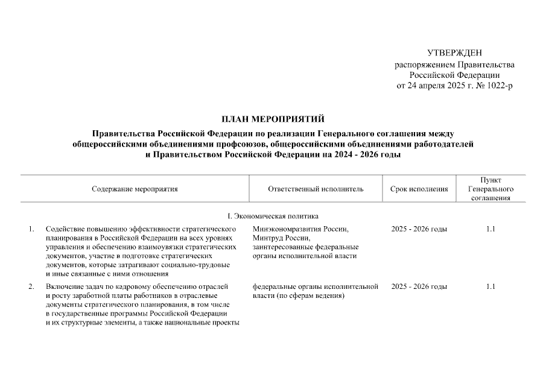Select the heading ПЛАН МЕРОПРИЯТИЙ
tap(273, 118)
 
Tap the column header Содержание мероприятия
tap(135, 189)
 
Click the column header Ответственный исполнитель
tap(316, 189)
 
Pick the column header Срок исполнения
tap(419, 189)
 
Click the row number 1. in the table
tap(31, 230)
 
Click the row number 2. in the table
tap(31, 286)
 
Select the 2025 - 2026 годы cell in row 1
tap(419, 230)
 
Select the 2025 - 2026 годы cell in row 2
tap(419, 286)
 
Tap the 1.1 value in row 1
tap(490, 230)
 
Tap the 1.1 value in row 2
tap(490, 286)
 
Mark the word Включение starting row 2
tap(63, 286)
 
